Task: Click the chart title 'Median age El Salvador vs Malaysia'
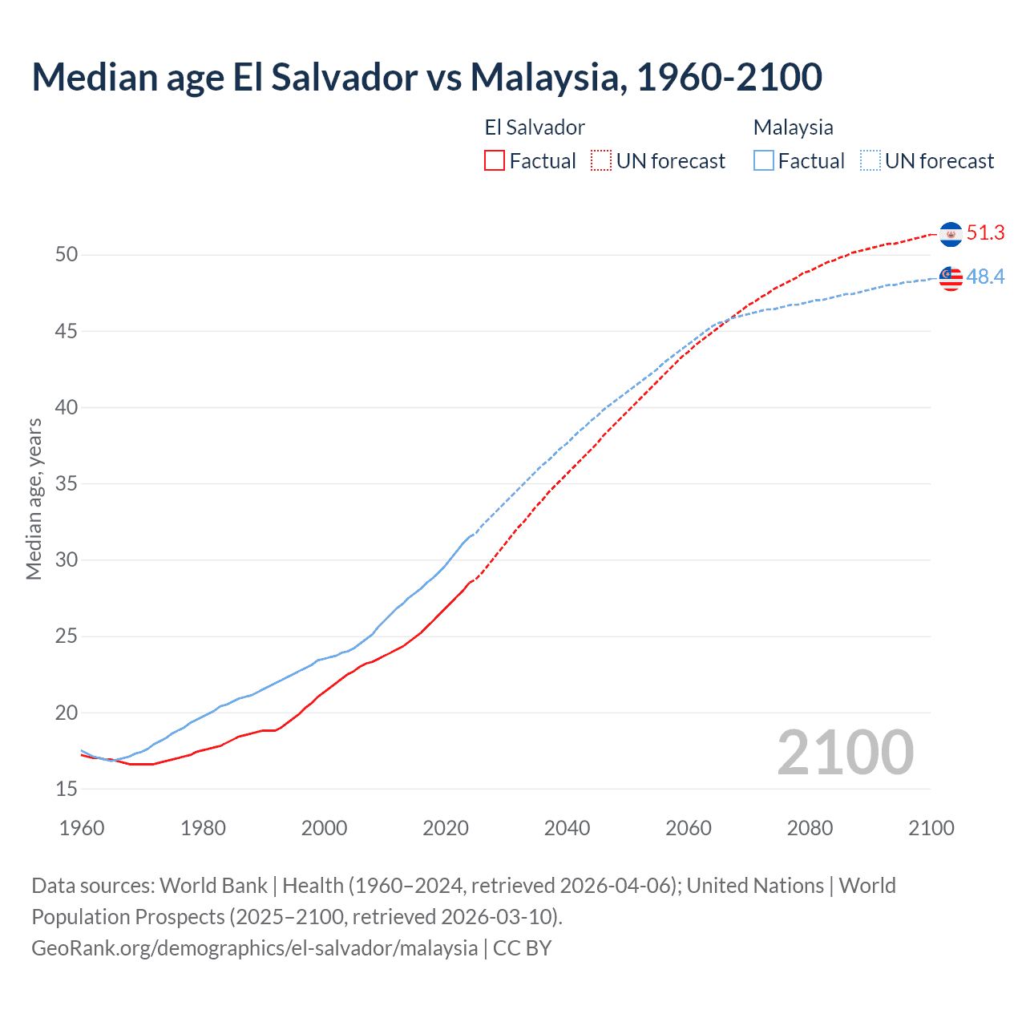coord(426,77)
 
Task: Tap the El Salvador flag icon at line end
coord(951,234)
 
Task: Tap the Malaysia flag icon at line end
coord(951,278)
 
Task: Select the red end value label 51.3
coord(985,233)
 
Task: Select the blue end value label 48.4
coord(985,277)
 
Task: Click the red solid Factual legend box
coord(495,161)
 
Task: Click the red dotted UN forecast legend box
coord(601,161)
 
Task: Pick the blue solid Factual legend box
coord(763,161)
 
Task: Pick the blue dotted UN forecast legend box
coord(870,161)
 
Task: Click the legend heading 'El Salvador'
coord(535,127)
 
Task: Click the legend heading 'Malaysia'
coord(793,127)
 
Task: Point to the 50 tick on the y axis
coord(67,255)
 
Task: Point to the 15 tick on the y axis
coord(67,790)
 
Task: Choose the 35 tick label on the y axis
coord(67,484)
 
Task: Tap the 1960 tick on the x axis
coord(82,828)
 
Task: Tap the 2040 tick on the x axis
coord(567,828)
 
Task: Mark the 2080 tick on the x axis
coord(810,828)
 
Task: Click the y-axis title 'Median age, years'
coord(34,499)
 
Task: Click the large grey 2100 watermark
coord(845,753)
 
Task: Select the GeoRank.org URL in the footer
coord(254,948)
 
